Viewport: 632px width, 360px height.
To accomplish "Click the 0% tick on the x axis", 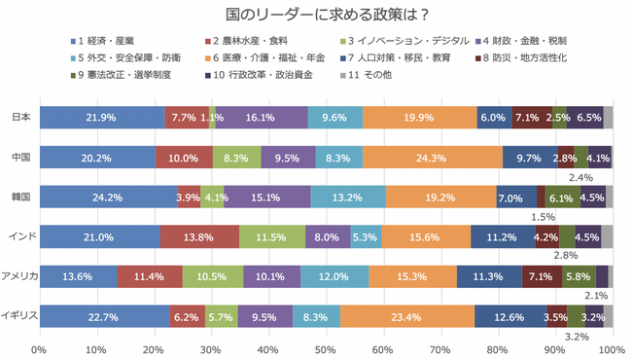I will [x=40, y=346].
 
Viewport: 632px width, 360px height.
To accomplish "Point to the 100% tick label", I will [x=611, y=346].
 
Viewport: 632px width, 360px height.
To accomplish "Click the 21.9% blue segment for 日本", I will [x=102, y=118].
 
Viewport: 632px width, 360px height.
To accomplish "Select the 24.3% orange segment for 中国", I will [x=433, y=158].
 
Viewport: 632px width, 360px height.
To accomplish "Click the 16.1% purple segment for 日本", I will [x=262, y=118].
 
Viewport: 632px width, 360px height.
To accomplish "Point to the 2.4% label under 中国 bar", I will [x=580, y=177].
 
